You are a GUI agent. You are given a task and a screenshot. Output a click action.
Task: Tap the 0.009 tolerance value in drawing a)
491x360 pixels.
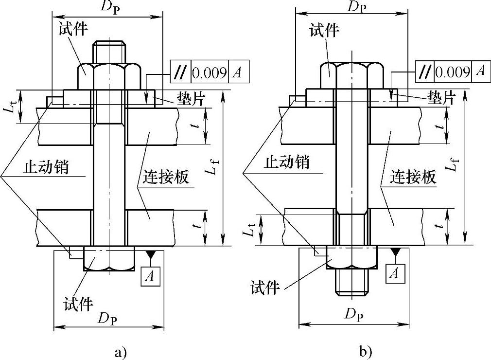pyautogui.click(x=210, y=73)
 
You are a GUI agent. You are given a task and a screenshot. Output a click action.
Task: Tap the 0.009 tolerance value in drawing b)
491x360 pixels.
pyautogui.click(x=453, y=72)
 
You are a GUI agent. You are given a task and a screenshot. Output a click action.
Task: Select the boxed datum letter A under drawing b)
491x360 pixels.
pyautogui.click(x=394, y=274)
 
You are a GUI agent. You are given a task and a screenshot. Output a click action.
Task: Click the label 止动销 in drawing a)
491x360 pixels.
pyautogui.click(x=46, y=168)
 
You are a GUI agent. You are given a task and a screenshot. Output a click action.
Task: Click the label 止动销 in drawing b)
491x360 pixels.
pyautogui.click(x=286, y=162)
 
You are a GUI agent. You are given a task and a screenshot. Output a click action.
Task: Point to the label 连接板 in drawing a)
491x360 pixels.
pyautogui.click(x=166, y=178)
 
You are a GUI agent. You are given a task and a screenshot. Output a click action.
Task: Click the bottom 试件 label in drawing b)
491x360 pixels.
pyautogui.click(x=265, y=288)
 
